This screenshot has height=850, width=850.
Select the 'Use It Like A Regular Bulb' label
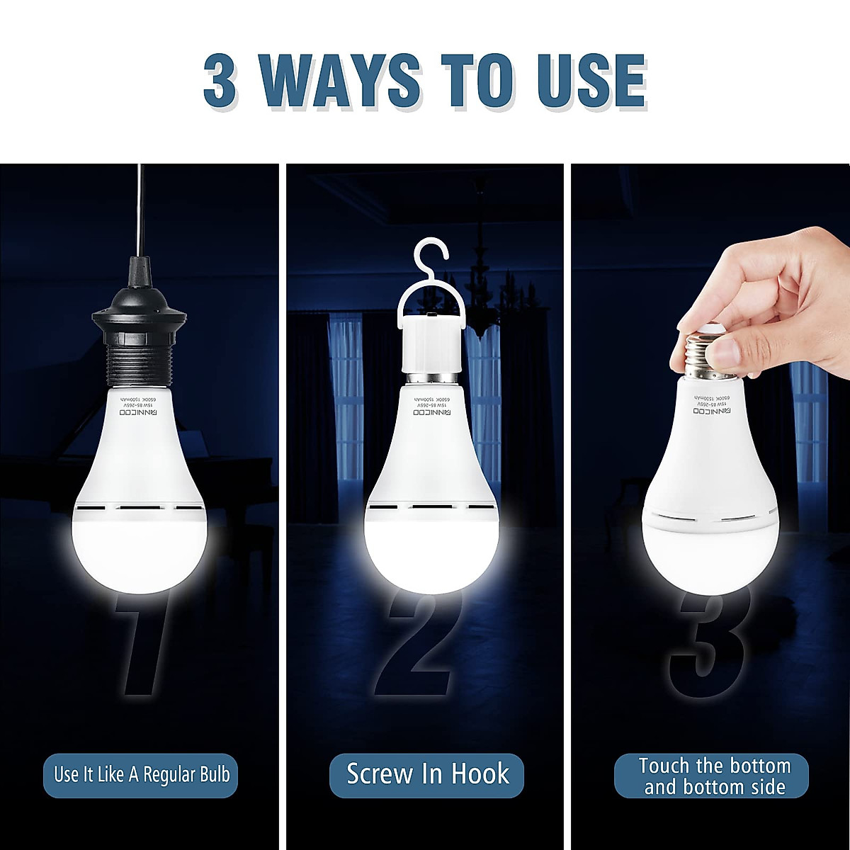tap(142, 774)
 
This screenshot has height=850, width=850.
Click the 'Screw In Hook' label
tap(427, 774)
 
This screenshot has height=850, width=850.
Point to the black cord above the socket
tap(139, 212)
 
